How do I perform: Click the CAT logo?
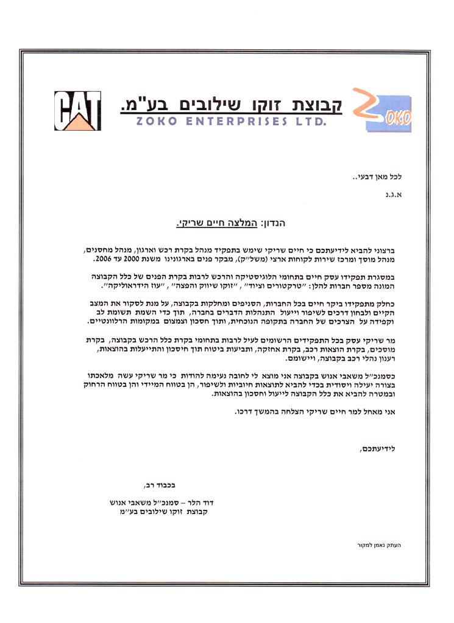pos(77,110)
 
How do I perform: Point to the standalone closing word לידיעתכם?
pos(386,449)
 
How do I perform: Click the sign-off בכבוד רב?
pos(160,485)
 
